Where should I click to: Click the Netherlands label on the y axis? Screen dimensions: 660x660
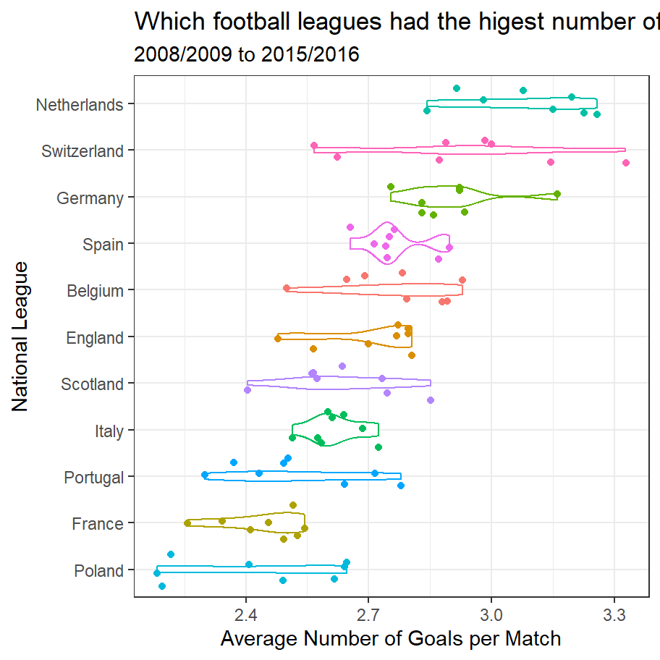tap(80, 105)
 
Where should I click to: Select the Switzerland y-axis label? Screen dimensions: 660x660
tap(82, 151)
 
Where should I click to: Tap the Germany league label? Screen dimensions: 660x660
tap(90, 198)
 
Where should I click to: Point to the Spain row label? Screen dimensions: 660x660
tap(103, 245)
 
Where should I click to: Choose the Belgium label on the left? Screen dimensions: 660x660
tap(95, 291)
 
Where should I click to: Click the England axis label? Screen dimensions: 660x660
tap(95, 338)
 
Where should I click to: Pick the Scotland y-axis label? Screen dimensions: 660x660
tap(92, 384)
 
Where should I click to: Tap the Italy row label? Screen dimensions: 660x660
tap(109, 431)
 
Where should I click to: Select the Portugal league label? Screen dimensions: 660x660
tap(93, 478)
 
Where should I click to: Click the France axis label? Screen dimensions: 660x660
tap(98, 524)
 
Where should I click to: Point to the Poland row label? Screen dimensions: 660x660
tap(98, 571)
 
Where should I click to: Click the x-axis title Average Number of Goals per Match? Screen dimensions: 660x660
tap(391, 639)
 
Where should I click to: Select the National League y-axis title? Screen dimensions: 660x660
tap(20, 337)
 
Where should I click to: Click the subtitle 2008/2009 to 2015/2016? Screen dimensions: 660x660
tap(247, 54)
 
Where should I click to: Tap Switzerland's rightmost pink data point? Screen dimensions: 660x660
tap(626, 163)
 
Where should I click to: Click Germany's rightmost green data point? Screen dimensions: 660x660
tap(557, 194)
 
